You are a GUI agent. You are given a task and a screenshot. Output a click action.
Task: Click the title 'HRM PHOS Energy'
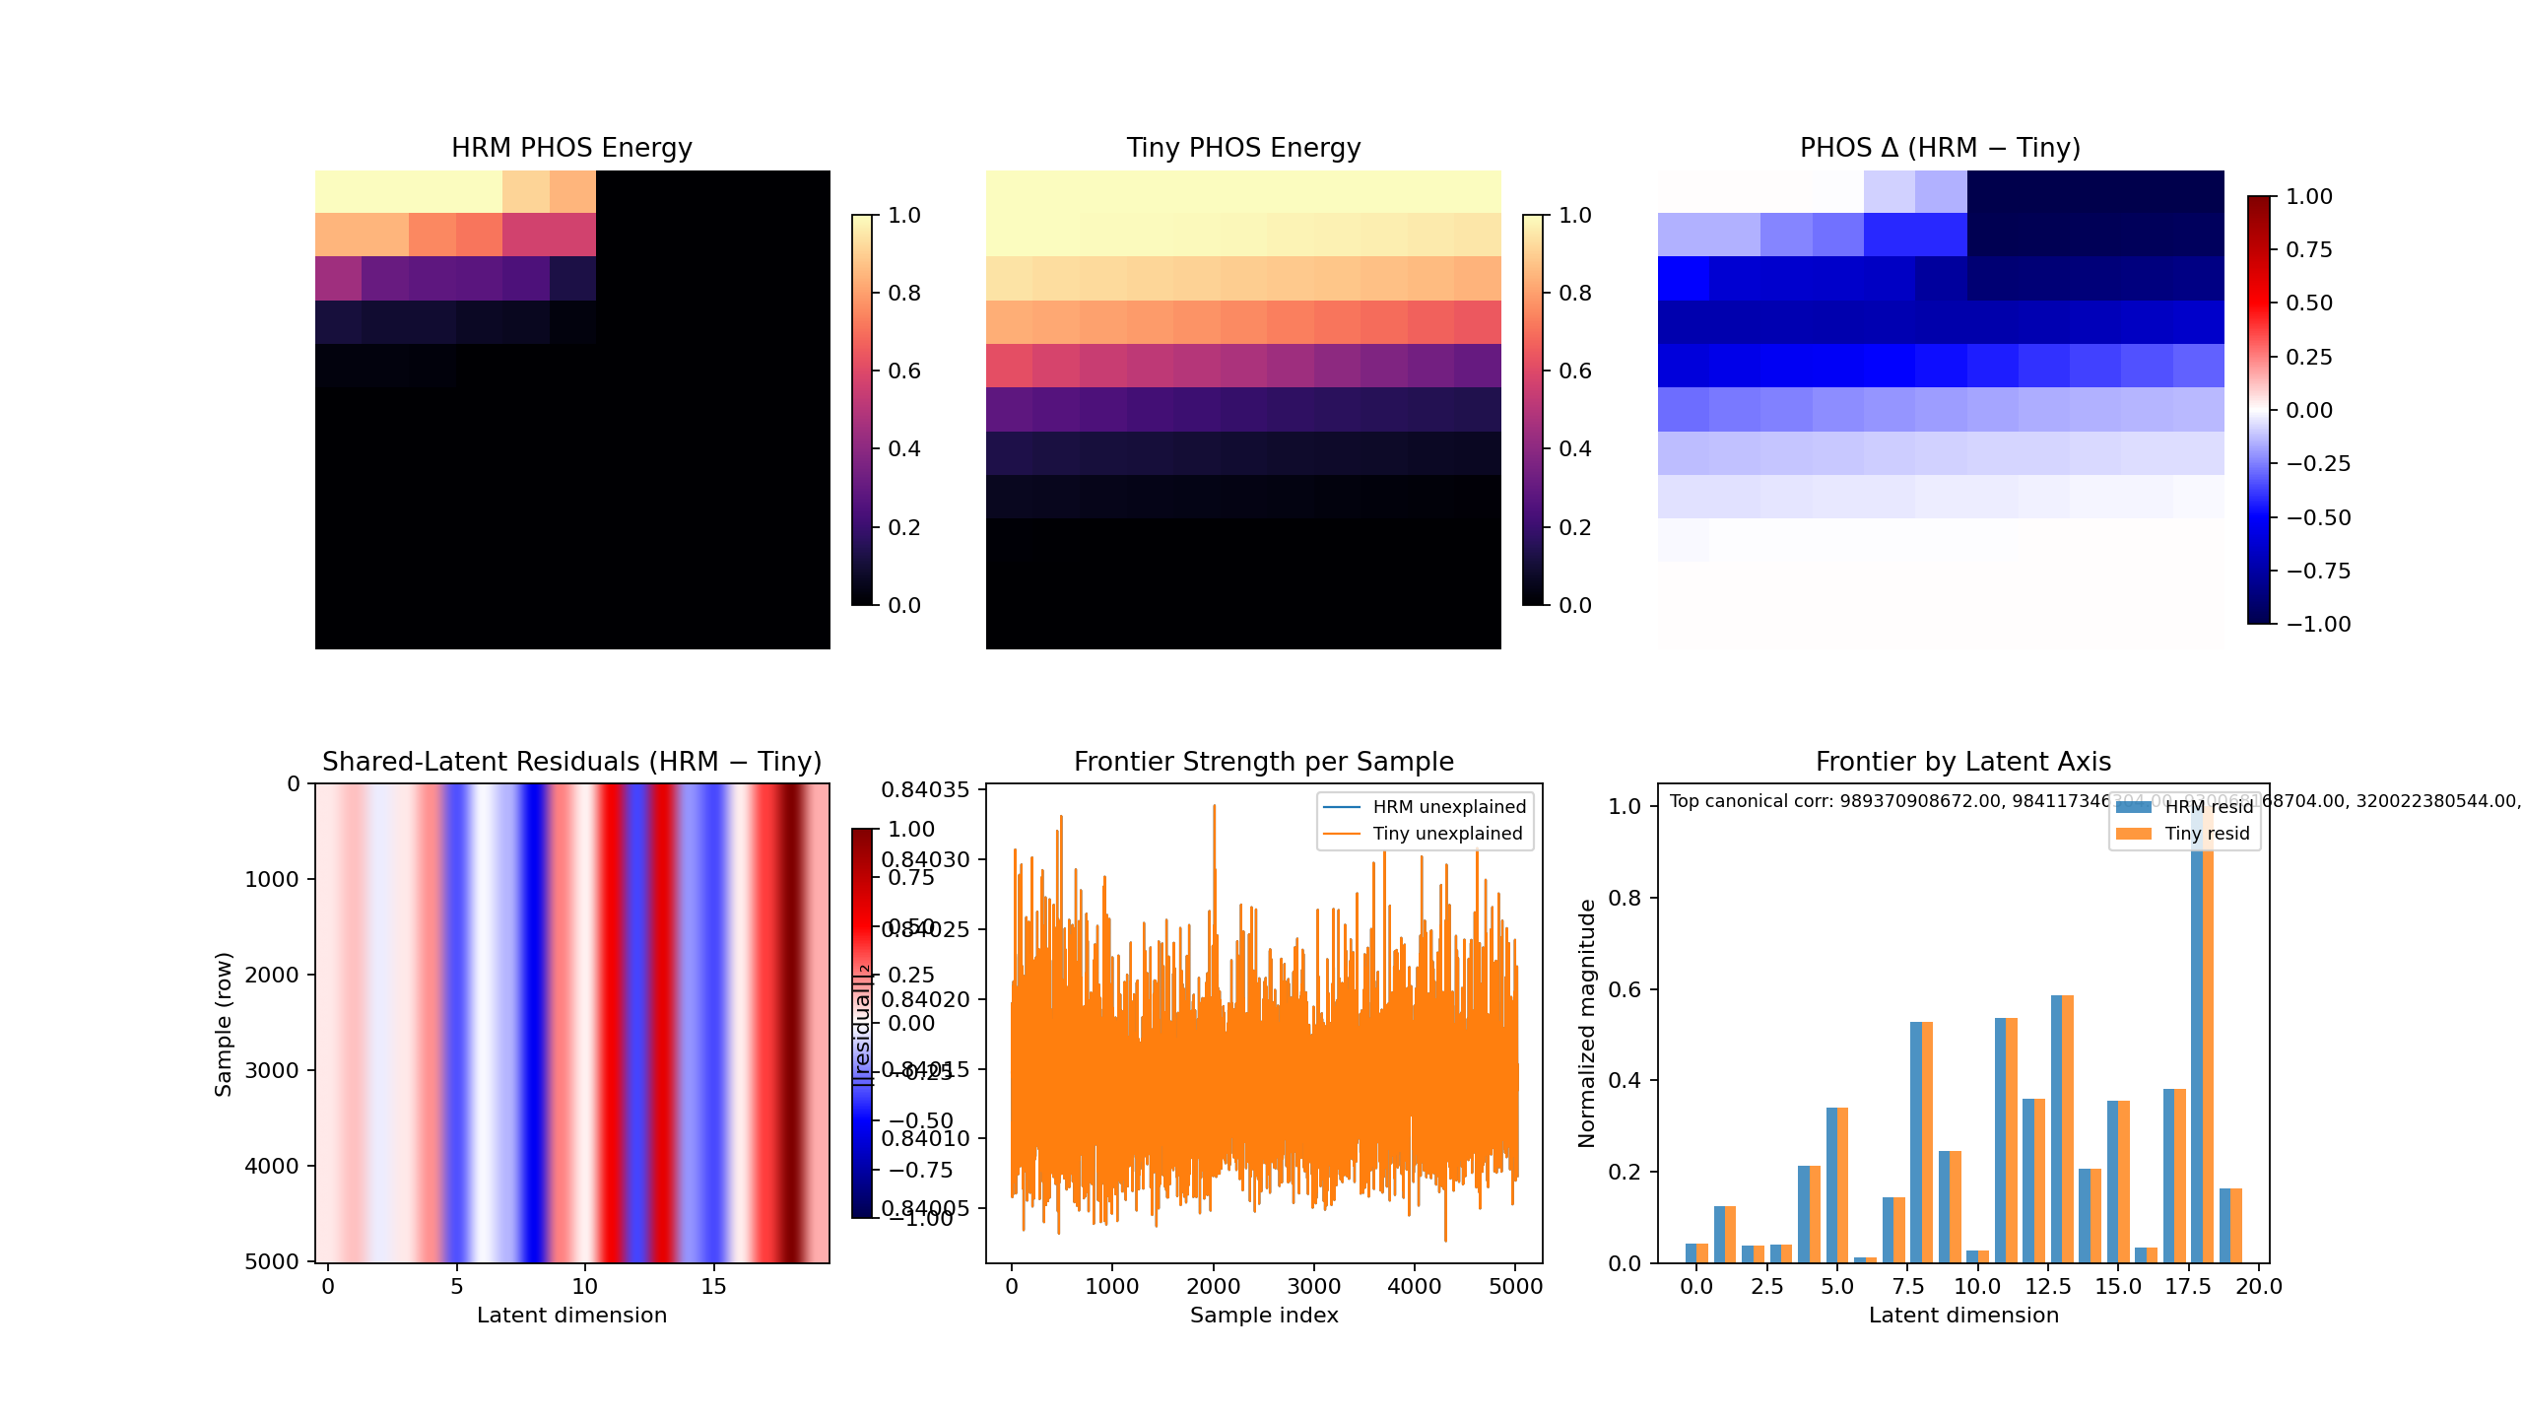point(571,148)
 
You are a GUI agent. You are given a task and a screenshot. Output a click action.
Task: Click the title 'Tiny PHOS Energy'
point(1243,148)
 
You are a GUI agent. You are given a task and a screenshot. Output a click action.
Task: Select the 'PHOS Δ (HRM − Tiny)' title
point(1940,148)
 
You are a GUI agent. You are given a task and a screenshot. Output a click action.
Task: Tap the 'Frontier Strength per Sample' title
point(1264,762)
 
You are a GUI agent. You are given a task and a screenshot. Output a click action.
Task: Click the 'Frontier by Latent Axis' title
point(1963,762)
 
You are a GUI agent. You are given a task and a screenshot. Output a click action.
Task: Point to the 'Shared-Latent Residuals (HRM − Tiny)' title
point(571,762)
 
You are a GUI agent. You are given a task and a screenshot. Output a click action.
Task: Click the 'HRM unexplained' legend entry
point(1449,807)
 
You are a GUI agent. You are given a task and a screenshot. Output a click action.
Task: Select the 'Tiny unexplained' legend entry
point(1447,834)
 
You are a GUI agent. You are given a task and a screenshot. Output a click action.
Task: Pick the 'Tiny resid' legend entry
point(2207,834)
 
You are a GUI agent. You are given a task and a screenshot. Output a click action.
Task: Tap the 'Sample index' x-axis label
point(1264,1316)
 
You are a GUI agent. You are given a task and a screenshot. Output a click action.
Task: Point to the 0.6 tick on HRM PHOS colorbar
point(904,371)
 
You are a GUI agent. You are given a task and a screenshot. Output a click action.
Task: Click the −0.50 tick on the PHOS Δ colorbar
point(2318,517)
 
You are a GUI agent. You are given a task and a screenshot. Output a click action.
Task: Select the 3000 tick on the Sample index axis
point(1314,1286)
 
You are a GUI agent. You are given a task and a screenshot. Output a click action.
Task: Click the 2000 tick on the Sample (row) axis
point(272,975)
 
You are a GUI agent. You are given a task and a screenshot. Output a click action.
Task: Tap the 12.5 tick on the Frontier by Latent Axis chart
point(2048,1286)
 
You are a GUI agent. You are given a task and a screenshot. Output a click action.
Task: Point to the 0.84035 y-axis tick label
point(925,789)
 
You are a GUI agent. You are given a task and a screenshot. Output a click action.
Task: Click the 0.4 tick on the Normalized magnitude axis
point(1625,1080)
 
